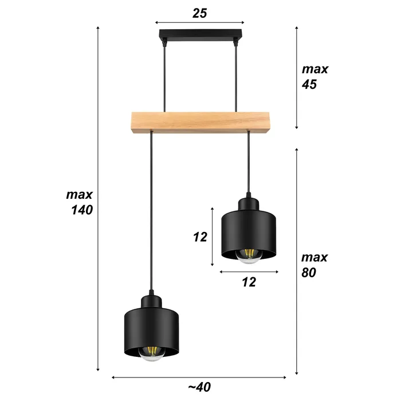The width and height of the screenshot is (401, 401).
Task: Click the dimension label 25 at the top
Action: coord(199,13)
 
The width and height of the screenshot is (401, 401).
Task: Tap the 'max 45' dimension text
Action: coord(315,77)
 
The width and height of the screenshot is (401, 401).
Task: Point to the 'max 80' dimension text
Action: coord(315,265)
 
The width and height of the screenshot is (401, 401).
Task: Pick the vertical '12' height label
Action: coord(199,237)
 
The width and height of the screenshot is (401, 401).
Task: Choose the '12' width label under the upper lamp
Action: coord(249,281)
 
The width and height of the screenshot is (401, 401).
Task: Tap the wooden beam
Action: coord(199,121)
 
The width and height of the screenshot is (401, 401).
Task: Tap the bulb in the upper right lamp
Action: coord(249,256)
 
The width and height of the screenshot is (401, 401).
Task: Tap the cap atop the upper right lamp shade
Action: coord(249,203)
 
